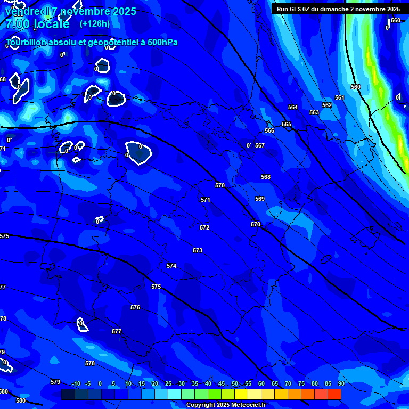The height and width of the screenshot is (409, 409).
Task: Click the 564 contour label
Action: pos(293,107)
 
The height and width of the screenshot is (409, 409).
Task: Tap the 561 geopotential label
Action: pos(340,97)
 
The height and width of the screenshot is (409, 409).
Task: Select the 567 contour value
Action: pos(260,145)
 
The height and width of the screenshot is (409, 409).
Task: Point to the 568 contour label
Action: pos(266,177)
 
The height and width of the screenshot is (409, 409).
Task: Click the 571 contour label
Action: pos(206,200)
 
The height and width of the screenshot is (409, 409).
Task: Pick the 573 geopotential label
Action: pos(198,250)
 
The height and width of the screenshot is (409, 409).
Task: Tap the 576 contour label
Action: pos(135,307)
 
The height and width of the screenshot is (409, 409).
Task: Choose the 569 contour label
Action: pos(260,199)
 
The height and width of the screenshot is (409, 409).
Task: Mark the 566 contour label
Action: pos(269,130)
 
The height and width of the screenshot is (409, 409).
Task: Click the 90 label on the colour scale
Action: pos(341,384)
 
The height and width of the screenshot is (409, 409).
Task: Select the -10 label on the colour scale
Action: pos(76,384)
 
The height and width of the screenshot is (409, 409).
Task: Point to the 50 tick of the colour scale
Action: pos(234,384)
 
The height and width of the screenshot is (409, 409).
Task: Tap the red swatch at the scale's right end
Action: pos(334,394)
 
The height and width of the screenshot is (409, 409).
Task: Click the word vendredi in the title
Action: pos(28,11)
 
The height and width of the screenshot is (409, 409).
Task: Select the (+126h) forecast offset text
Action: pos(94,23)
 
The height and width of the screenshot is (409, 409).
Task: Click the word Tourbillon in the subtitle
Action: pos(27,42)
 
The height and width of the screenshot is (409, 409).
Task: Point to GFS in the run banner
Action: pos(296,9)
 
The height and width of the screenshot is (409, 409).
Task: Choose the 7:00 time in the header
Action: pos(17,24)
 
